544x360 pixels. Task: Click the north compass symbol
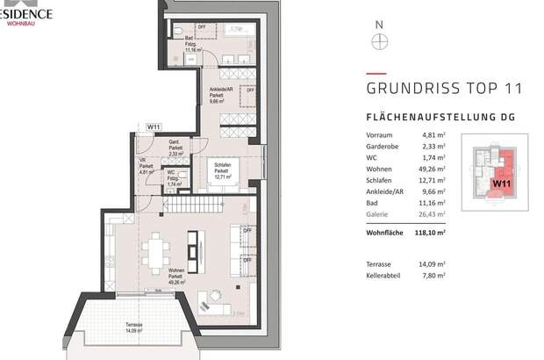click(379, 40)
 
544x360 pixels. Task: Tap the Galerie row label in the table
click(379, 212)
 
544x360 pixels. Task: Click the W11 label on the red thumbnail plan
click(501, 184)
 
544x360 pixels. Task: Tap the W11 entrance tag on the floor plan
click(154, 127)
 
